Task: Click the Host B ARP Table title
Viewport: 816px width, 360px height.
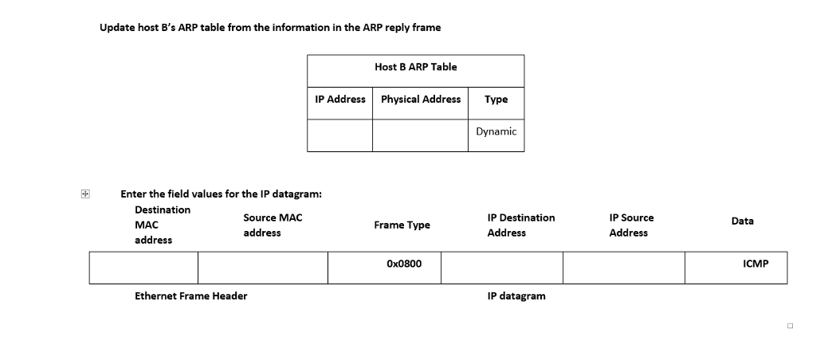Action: (415, 67)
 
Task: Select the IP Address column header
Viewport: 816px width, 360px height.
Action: (340, 99)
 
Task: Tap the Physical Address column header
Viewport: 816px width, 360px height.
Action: (421, 99)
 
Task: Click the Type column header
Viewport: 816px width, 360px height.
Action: (496, 99)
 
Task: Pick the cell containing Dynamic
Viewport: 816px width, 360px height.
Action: (496, 131)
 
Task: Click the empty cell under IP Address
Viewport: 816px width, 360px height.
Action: (340, 135)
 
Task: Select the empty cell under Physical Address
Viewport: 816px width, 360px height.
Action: (421, 135)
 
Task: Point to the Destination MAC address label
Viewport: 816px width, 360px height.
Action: (163, 225)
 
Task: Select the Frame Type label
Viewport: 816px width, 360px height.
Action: (402, 225)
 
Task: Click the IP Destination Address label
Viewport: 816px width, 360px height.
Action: (520, 225)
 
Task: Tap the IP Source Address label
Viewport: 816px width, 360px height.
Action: (631, 225)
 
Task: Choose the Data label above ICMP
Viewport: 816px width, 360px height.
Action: (742, 221)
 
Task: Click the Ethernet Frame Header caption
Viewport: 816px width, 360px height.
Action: (191, 295)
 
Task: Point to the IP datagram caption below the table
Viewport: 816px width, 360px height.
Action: (516, 295)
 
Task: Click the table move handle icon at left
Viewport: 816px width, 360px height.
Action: (84, 194)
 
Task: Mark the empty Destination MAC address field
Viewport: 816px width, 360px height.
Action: (143, 267)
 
